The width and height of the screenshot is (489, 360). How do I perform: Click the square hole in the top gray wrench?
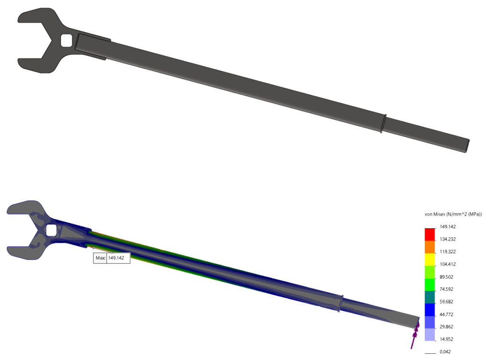[67, 40]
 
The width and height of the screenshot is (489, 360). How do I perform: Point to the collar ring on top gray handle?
[383, 123]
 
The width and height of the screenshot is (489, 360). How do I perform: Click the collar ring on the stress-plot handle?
[340, 303]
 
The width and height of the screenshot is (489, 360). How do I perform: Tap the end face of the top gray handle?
[468, 146]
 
